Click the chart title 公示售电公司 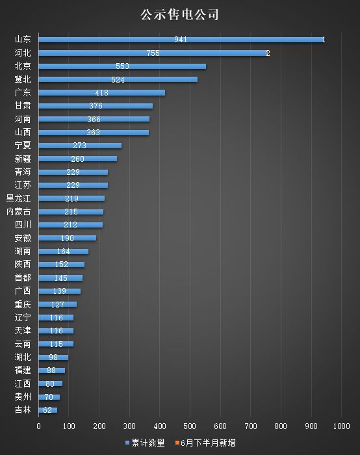tap(179, 14)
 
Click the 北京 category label tap(23, 66)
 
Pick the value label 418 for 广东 tap(101, 93)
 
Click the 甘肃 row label tap(23, 106)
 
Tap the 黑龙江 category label tap(18, 198)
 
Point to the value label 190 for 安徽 tap(67, 239)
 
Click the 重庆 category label tap(23, 304)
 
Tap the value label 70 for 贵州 tap(49, 397)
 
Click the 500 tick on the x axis tap(190, 426)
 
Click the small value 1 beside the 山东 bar tap(324, 40)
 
